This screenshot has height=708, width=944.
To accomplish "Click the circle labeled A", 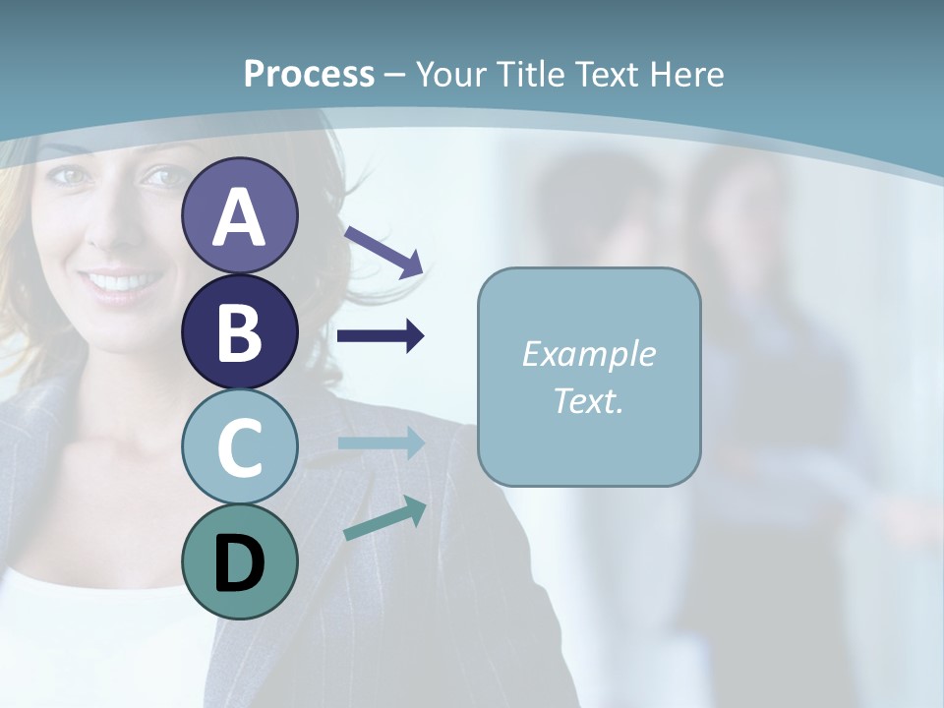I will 239,215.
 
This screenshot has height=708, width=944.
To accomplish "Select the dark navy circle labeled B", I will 239,331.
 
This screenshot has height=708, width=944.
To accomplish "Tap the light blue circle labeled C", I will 239,447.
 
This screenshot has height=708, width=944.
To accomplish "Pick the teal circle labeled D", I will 239,561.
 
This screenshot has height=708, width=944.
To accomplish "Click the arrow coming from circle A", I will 383,250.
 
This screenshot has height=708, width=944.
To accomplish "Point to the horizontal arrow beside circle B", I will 381,336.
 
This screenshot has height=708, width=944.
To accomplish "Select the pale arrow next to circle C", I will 382,443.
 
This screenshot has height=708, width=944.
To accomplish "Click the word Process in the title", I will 309,74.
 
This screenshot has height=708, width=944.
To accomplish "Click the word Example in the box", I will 588,354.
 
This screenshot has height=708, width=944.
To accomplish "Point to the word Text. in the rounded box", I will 588,401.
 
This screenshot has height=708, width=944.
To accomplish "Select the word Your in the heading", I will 453,74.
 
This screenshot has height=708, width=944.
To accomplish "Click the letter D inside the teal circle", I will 239,563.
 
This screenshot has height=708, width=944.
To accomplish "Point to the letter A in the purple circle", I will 239,217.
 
